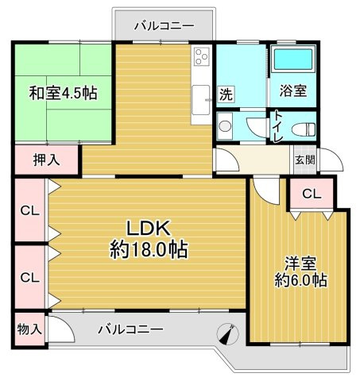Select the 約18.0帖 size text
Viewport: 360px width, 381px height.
pos(149,250)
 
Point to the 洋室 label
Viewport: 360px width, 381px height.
pos(297,263)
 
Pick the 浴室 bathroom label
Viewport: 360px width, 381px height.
pos(292,91)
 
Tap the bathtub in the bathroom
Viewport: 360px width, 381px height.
pos(293,61)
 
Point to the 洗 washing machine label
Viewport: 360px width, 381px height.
pos(226,93)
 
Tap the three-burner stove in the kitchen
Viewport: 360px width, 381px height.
pos(199,58)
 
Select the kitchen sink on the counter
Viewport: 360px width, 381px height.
pos(199,98)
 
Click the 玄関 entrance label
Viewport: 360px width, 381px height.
pos(304,159)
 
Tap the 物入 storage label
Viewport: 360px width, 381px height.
pos(29,329)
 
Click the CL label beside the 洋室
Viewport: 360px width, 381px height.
pos(311,193)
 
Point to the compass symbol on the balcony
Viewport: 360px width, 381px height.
pos(226,335)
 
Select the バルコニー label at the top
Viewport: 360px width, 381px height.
pos(164,25)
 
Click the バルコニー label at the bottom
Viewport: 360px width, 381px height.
pos(131,329)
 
